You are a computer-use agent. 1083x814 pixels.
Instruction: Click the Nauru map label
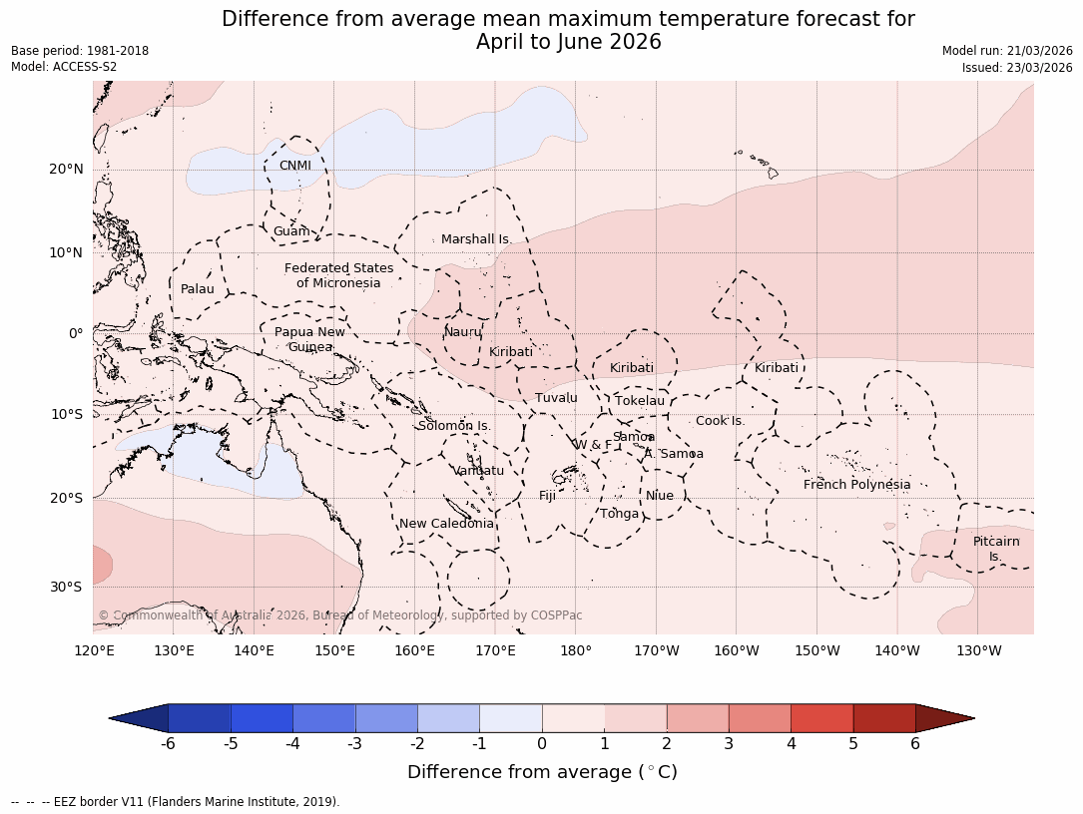click(x=463, y=332)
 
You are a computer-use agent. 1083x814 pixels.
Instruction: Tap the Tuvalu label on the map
click(x=556, y=398)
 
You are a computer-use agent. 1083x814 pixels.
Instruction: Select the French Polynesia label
click(x=856, y=485)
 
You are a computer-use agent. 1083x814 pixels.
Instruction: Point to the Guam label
click(x=291, y=231)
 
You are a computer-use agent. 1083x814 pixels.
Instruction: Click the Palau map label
click(x=198, y=289)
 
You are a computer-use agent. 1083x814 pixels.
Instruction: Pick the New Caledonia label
click(x=446, y=524)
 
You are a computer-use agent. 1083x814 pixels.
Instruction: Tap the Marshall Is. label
click(x=476, y=239)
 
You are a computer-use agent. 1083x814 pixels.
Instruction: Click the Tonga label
click(x=619, y=514)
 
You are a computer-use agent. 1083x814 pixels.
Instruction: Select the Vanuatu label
click(x=478, y=471)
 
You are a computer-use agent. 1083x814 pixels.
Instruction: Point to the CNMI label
click(x=294, y=166)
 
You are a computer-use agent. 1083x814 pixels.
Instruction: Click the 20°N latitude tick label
click(x=66, y=169)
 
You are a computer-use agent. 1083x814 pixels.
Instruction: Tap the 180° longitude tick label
click(x=576, y=651)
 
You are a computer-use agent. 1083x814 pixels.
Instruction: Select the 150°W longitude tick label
click(x=816, y=651)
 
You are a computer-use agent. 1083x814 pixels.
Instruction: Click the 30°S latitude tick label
click(x=66, y=587)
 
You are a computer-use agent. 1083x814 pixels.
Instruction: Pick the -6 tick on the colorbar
click(x=169, y=743)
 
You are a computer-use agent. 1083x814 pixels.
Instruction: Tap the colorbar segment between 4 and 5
click(x=822, y=718)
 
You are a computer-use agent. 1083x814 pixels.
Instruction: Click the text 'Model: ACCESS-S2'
click(x=64, y=67)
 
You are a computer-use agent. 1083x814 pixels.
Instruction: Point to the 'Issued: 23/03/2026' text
click(x=1016, y=67)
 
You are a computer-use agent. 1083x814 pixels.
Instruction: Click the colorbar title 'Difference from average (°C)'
click(x=542, y=772)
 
